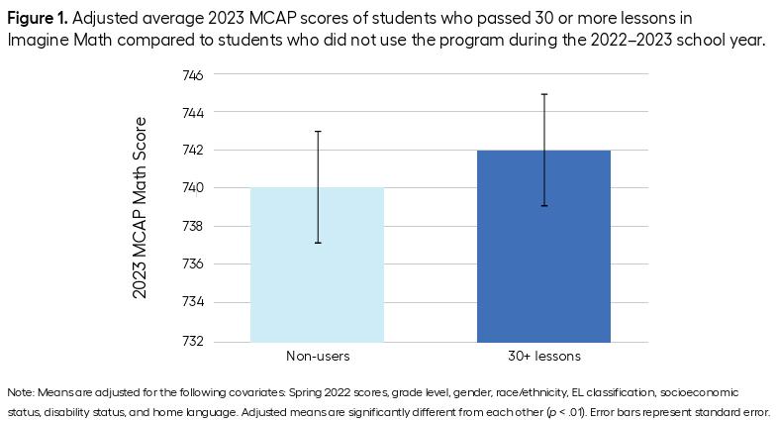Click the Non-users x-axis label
(317, 355)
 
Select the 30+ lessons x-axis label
(543, 355)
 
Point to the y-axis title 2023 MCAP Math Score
(141, 208)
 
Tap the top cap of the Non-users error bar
(318, 132)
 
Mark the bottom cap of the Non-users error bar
(318, 243)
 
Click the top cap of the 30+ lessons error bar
(544, 94)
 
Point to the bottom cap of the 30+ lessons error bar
(544, 206)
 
